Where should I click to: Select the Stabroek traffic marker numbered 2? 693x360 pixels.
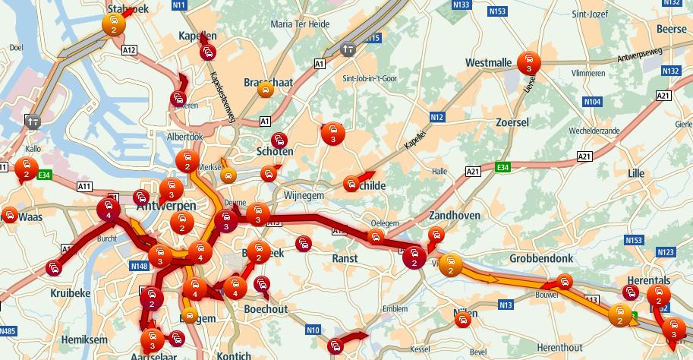113,24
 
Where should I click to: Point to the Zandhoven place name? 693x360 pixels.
455,216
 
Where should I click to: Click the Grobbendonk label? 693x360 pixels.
542,257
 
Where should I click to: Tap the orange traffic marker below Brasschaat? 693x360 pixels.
265,90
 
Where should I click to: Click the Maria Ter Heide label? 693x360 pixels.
300,24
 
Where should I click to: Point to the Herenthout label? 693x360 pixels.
559,347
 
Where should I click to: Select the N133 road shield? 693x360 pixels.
461,5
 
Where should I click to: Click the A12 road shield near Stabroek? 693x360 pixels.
128,50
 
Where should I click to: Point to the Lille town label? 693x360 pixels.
629,173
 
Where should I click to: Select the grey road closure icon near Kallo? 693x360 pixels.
31,120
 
